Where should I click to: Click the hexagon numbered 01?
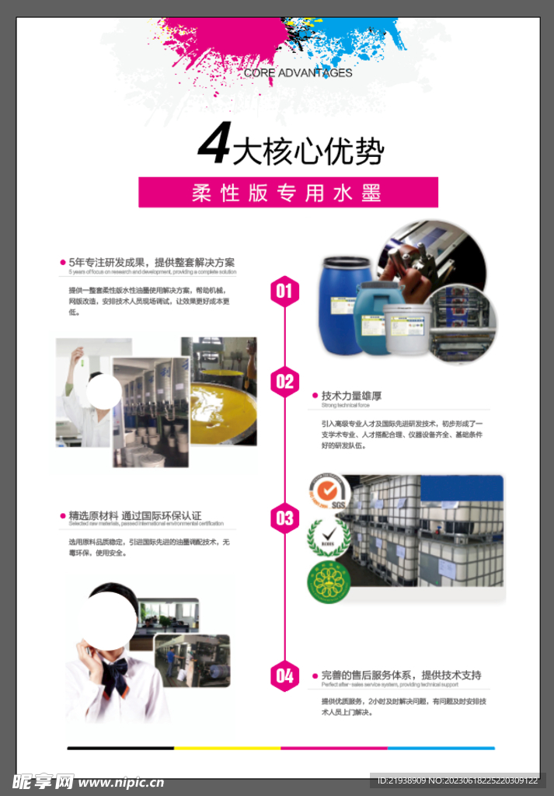click(284, 292)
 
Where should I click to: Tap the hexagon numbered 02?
click(284, 381)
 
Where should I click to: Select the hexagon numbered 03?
click(284, 518)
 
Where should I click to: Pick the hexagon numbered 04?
click(284, 676)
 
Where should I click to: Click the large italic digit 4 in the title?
click(214, 145)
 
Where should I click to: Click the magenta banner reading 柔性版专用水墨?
click(287, 192)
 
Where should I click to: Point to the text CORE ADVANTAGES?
click(298, 73)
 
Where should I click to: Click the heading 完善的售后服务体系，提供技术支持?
click(401, 675)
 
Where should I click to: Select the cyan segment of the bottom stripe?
click(441, 748)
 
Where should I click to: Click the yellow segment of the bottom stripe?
click(227, 748)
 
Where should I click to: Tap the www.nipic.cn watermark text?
click(120, 782)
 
